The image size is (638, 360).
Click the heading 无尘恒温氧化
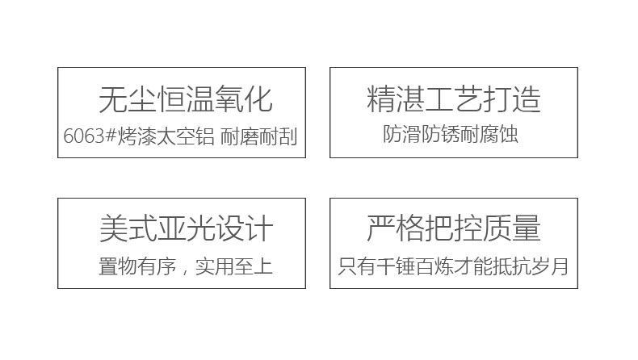pos(186,99)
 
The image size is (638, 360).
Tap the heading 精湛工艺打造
pos(454,99)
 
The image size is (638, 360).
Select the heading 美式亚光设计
pos(186,228)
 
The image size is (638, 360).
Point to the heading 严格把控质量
pos(454,228)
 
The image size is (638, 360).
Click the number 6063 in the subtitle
pos(84,136)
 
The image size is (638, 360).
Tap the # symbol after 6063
pos(111,136)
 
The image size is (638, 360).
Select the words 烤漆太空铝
pos(166,136)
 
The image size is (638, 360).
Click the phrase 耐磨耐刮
pos(258,136)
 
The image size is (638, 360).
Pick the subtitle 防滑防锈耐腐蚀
pos(450,134)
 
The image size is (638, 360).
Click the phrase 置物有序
pos(137,266)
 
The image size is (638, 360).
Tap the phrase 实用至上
pos(234,266)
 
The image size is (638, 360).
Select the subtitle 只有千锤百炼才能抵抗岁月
pos(453,266)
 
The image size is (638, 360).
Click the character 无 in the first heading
pos(113,99)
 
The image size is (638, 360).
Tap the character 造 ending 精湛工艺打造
pos(527,99)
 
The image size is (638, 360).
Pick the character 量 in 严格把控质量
pos(527,228)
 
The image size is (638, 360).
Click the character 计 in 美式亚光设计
pos(258,228)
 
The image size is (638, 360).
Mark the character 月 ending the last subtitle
pos(560,266)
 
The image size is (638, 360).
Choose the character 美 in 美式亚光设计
pos(113,228)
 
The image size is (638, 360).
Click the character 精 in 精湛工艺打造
pos(381,99)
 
